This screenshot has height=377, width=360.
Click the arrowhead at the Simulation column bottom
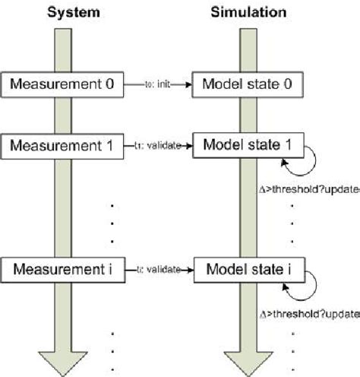(x=252, y=363)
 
